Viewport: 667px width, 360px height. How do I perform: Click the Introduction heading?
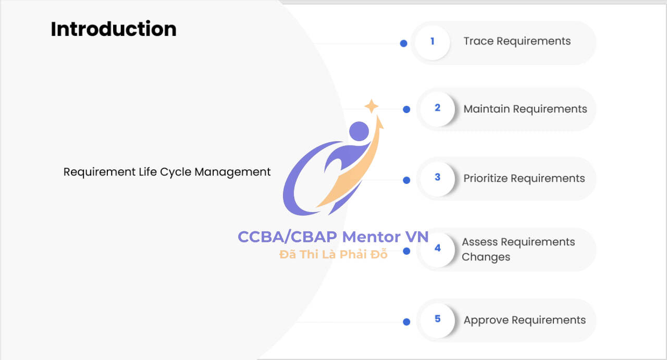[114, 29]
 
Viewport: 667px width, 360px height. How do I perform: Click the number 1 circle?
[433, 43]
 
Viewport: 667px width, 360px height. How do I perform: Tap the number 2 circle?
[437, 109]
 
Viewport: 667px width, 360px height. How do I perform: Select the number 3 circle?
[437, 179]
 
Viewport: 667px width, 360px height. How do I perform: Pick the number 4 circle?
[437, 250]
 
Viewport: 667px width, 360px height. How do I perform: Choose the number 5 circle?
[437, 320]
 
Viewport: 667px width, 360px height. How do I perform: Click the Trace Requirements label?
[517, 41]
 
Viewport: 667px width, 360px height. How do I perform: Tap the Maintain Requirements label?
[525, 109]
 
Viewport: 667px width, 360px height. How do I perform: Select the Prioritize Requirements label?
[524, 178]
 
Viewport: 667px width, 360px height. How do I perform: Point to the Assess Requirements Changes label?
[518, 249]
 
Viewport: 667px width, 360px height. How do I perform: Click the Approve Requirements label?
[525, 320]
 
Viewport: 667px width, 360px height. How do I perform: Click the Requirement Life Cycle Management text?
[167, 172]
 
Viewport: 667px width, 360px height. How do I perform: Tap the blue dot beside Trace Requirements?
[403, 43]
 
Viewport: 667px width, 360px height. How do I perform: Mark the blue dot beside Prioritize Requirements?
[406, 180]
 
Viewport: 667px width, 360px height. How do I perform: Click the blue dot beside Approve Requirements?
[406, 322]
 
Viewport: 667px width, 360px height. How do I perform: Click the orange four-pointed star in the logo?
[372, 106]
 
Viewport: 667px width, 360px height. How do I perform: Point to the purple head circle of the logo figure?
[359, 131]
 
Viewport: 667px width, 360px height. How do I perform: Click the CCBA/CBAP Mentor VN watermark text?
[333, 237]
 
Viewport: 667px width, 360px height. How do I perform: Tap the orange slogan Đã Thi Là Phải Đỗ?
[333, 254]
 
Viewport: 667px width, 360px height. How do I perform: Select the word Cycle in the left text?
[176, 172]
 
